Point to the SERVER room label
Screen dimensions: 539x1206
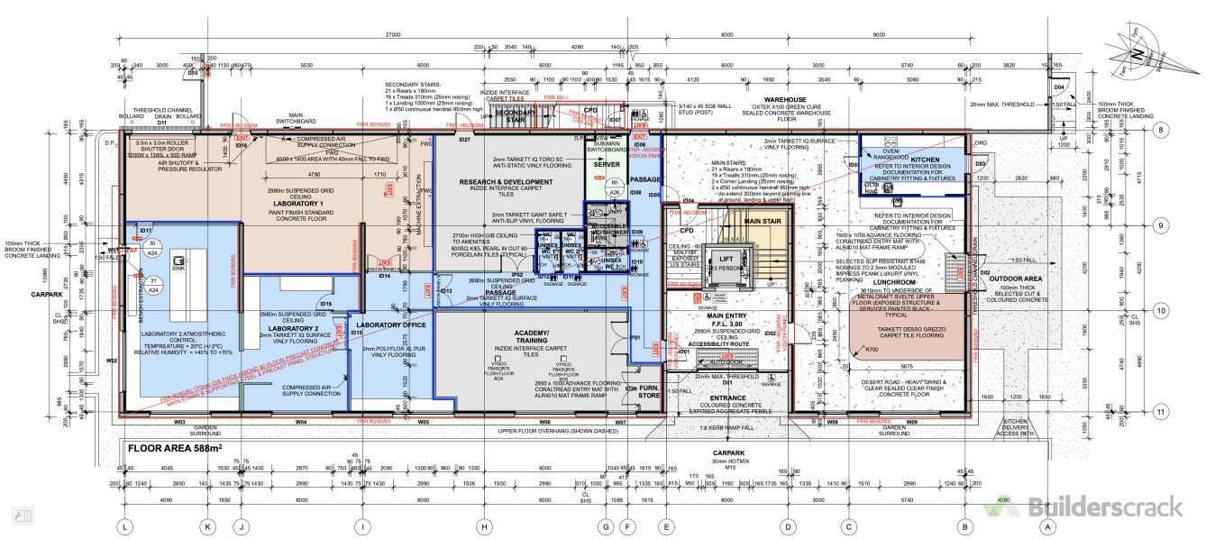pyautogui.click(x=606, y=164)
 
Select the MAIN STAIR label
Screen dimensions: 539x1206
pyautogui.click(x=761, y=221)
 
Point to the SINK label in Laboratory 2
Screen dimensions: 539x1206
pyautogui.click(x=177, y=269)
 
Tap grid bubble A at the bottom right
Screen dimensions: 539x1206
pyautogui.click(x=1047, y=526)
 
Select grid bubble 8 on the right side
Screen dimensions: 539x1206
pyautogui.click(x=1162, y=130)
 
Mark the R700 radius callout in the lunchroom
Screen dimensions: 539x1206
pyautogui.click(x=872, y=349)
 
